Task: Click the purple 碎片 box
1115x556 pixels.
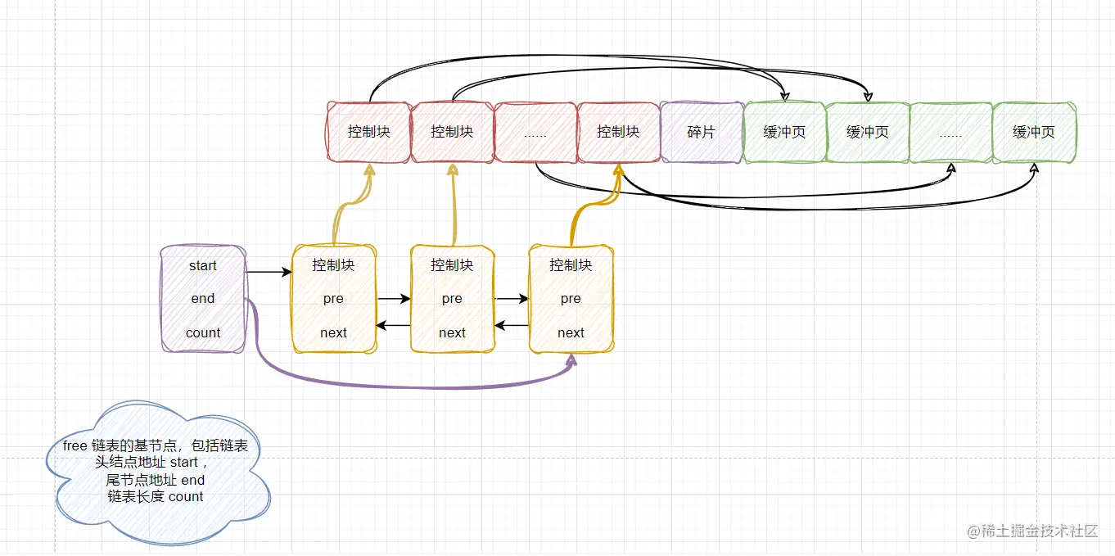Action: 702,132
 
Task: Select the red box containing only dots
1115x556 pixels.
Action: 535,132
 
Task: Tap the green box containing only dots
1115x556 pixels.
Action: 950,132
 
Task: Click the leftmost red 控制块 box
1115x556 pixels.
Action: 368,132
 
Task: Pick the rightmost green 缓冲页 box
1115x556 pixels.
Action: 1034,132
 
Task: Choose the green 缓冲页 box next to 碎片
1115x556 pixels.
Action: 784,132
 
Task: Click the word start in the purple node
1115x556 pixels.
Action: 203,265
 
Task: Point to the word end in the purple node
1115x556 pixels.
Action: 203,299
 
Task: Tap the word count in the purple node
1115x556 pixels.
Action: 203,332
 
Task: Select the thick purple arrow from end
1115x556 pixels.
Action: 409,385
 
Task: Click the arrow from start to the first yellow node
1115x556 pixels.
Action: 269,271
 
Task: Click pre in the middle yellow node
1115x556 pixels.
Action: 452,299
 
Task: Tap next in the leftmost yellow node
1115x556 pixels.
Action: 333,332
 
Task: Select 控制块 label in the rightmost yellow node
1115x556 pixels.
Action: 571,265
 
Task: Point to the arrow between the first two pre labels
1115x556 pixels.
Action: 393,299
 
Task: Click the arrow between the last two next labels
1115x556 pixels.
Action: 512,326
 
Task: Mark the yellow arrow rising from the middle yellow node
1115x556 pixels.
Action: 452,205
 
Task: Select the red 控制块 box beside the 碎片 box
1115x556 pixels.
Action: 618,132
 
